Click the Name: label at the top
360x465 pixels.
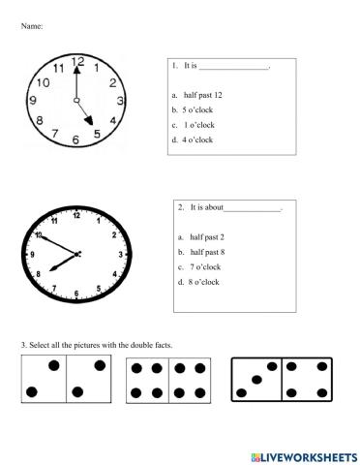[x=32, y=25]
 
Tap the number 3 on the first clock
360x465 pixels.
[x=120, y=101]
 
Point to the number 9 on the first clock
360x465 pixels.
[x=34, y=100]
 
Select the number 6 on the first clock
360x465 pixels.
[x=76, y=140]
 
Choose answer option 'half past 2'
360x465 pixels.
[x=207, y=236]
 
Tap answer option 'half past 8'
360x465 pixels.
[x=207, y=251]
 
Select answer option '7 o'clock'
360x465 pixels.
[x=205, y=266]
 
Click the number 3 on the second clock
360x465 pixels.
[x=120, y=254]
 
